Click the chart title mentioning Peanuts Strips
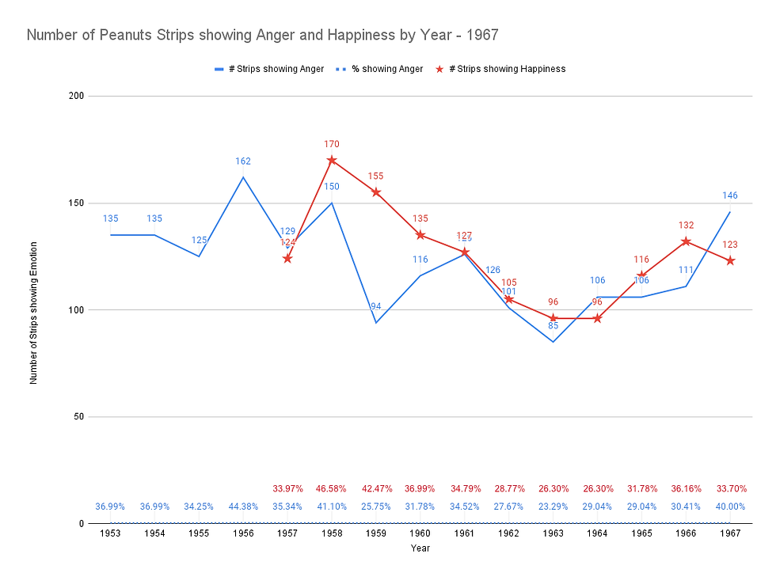(262, 36)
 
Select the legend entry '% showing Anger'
(387, 69)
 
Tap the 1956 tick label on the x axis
(243, 533)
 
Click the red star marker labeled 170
(332, 160)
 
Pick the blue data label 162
(243, 161)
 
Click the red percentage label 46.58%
(332, 488)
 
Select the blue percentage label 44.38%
(243, 506)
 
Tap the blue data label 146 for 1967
(730, 195)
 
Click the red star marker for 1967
(730, 260)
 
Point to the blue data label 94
(376, 306)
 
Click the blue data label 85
(553, 324)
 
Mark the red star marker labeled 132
(686, 241)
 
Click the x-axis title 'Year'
(420, 548)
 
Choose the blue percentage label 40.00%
(730, 506)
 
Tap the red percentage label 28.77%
(509, 488)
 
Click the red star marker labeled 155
(376, 192)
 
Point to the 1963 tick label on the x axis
(553, 533)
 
